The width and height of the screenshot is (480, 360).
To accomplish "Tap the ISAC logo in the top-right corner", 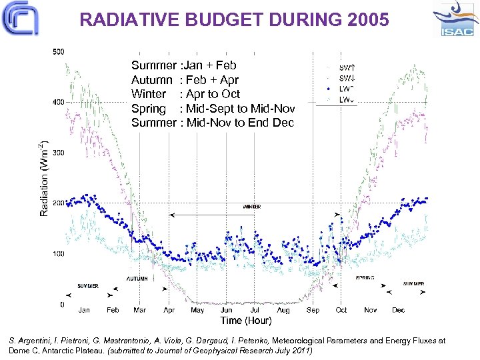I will click(455, 19).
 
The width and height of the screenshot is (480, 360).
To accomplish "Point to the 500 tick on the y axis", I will click(58, 51).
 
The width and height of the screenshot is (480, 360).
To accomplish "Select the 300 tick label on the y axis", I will click(58, 153).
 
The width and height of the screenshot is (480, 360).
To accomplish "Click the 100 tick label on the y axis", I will click(58, 254).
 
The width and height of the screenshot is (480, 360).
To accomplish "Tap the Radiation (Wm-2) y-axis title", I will click(44, 178).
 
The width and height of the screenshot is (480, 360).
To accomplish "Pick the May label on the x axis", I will click(197, 310).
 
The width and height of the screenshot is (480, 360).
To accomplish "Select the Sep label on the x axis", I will click(313, 310).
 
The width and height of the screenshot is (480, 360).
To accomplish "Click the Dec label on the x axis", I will click(398, 310).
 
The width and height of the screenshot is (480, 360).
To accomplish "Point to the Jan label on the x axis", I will click(84, 310).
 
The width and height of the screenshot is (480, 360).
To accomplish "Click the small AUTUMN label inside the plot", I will click(137, 278).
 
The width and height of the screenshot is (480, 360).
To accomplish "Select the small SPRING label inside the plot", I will click(365, 277).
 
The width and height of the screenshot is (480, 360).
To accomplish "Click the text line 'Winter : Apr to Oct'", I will click(185, 94).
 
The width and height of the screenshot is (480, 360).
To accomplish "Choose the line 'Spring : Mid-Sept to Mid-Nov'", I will click(213, 109).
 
